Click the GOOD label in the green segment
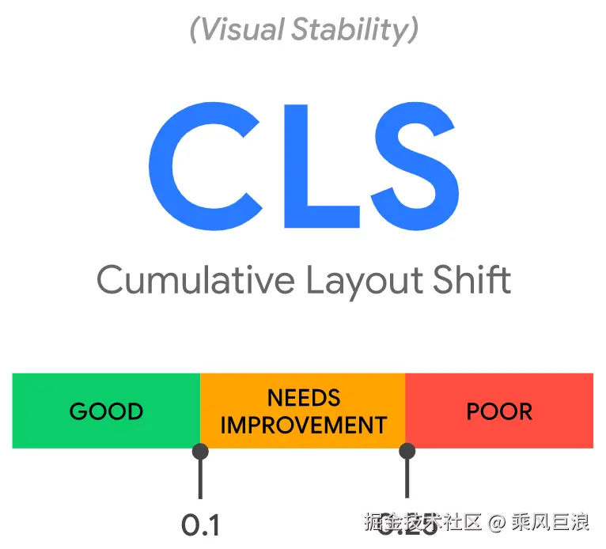click(x=106, y=411)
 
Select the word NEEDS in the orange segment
click(x=304, y=397)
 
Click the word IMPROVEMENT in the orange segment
click(x=304, y=425)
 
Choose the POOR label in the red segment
click(x=499, y=411)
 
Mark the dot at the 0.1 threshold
click(x=200, y=452)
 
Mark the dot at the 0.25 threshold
click(x=407, y=452)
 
